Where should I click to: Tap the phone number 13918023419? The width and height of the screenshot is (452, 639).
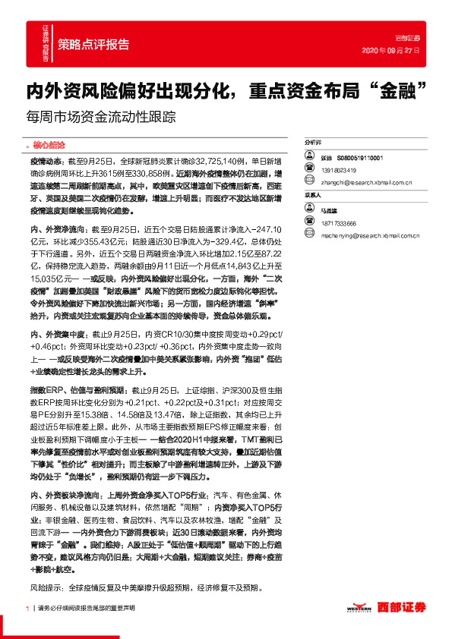(339, 170)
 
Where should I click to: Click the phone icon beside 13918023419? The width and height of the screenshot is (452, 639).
(310, 170)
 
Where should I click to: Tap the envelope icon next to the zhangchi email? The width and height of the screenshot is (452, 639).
(310, 183)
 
